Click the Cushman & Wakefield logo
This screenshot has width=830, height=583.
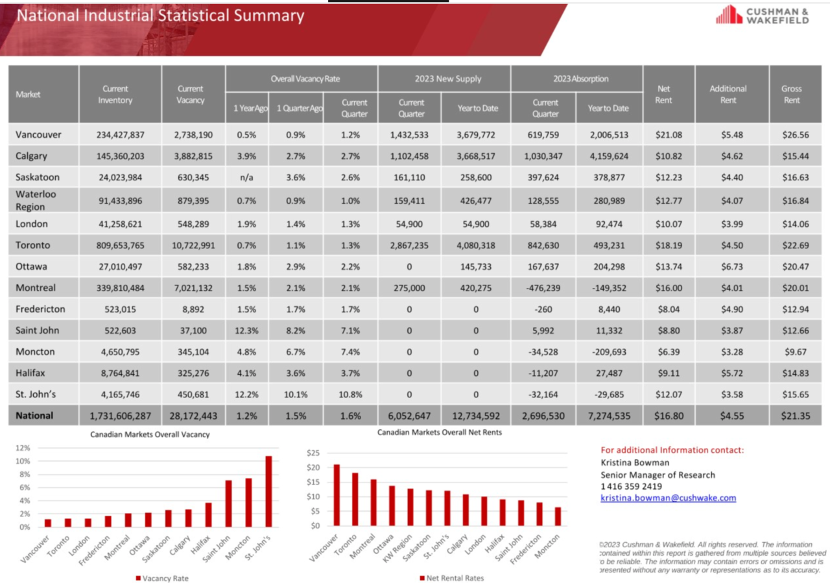[x=763, y=15]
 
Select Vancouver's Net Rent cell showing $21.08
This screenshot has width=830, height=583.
[x=669, y=134]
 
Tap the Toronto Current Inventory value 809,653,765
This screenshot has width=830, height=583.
[x=120, y=245]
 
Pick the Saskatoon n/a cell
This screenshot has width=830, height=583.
[x=246, y=177]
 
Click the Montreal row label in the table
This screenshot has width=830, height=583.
[x=36, y=287]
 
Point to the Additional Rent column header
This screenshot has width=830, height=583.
[x=728, y=94]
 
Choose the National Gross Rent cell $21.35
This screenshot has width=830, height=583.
[x=795, y=416]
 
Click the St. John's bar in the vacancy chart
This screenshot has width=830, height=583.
[x=268, y=491]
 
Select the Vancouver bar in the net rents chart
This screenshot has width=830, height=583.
[x=337, y=495]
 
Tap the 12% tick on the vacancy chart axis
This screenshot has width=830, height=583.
[x=23, y=447]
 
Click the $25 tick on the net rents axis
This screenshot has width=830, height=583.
[x=313, y=453]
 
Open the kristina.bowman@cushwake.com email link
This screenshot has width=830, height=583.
[x=668, y=498]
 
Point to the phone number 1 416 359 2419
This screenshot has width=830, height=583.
[x=631, y=486]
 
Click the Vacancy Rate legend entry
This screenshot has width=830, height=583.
[x=162, y=578]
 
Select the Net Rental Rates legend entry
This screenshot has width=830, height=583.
[x=452, y=578]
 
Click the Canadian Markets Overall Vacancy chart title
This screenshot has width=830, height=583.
[x=150, y=434]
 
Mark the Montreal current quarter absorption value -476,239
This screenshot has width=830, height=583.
[x=543, y=288]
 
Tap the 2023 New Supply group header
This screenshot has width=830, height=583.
[x=447, y=78]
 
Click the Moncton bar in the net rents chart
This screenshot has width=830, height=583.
[x=558, y=516]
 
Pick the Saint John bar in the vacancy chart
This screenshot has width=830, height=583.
[x=228, y=503]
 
